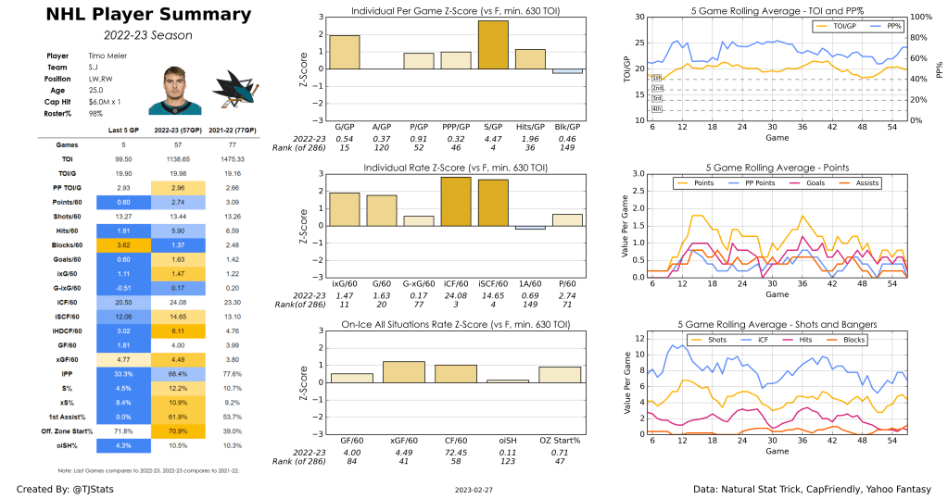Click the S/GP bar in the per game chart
click(x=493, y=44)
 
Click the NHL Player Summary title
click(x=134, y=15)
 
